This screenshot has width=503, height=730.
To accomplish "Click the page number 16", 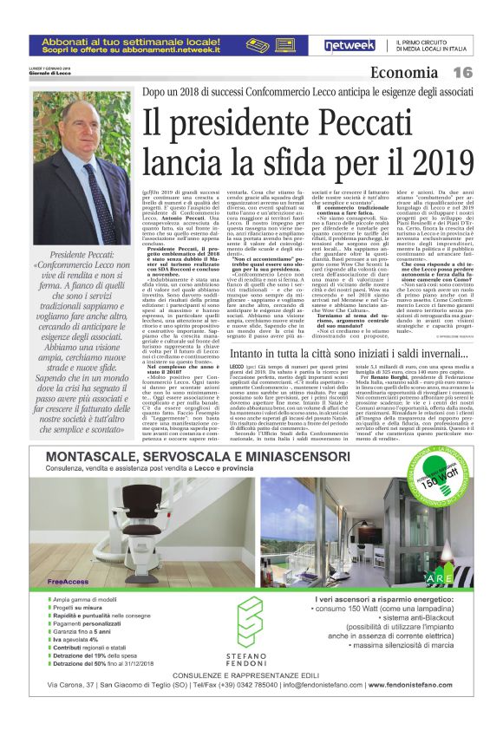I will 462,74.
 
